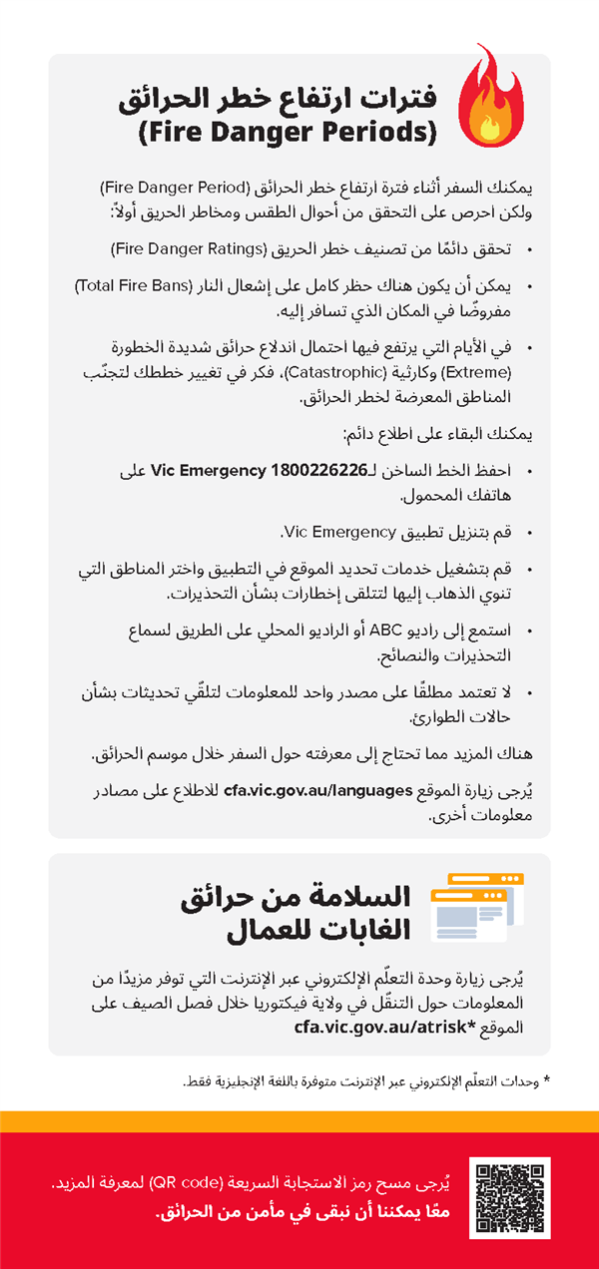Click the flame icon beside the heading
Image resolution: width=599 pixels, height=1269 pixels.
click(x=488, y=98)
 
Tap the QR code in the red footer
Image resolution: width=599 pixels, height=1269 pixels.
click(x=509, y=1197)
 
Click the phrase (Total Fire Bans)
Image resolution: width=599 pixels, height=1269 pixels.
click(x=131, y=287)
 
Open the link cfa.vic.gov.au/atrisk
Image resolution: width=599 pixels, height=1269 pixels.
click(x=378, y=1024)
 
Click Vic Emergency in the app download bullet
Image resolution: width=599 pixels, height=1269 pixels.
click(x=339, y=530)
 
